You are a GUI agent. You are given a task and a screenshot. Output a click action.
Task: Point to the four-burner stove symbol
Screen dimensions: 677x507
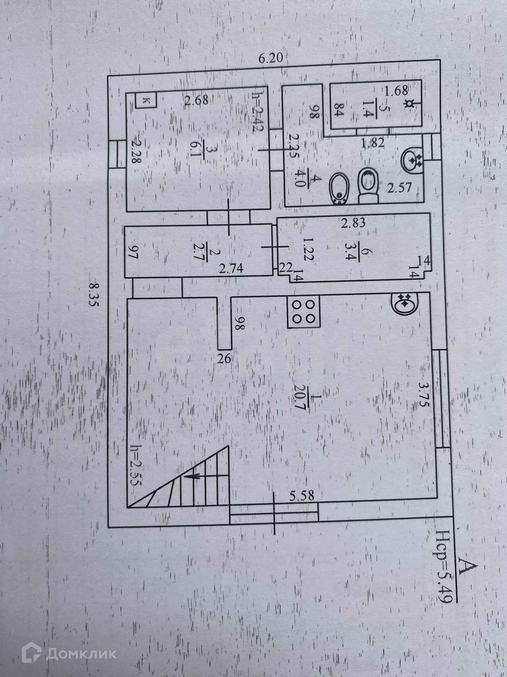(x=304, y=311)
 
